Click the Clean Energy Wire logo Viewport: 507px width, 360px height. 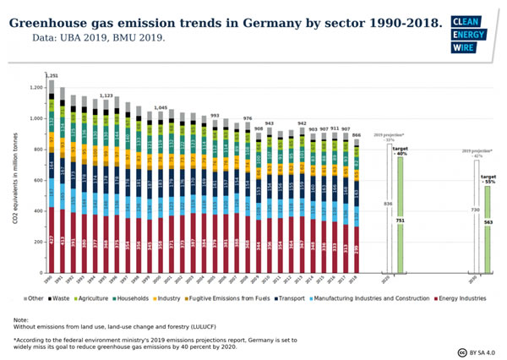pyautogui.click(x=469, y=34)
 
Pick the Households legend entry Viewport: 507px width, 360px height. pyautogui.click(x=153, y=298)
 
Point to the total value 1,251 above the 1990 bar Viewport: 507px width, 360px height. pyautogui.click(x=51, y=76)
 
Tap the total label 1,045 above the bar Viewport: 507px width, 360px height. pyautogui.click(x=161, y=108)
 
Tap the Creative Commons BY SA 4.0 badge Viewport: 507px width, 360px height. pyautogui.click(x=477, y=351)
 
